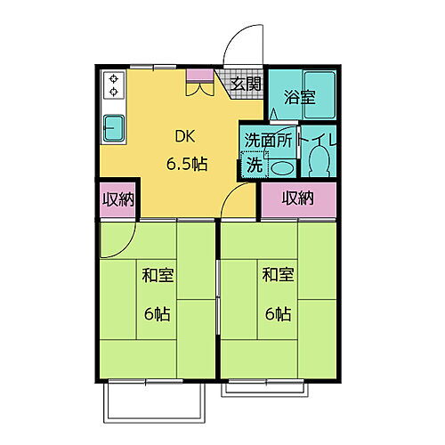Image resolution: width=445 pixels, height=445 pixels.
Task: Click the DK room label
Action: pos(185,138)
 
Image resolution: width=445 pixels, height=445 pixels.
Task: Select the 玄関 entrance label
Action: pos(247,85)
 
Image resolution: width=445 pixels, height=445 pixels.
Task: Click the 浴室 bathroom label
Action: pos(299,99)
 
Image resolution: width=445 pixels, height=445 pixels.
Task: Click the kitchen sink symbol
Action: pos(115,128)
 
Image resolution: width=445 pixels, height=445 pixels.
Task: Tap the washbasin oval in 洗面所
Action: pos(281,167)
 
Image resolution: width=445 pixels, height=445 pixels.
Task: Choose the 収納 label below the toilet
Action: pos(299,198)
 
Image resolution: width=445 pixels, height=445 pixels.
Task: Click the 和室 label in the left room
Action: pos(158,275)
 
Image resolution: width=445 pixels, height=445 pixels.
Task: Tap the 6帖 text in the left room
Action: pos(158,313)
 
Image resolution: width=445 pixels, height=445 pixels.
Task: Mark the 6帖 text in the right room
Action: pos(278,313)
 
